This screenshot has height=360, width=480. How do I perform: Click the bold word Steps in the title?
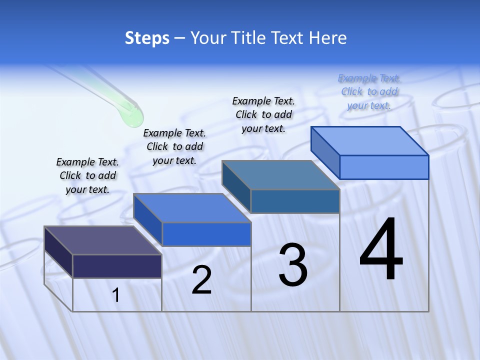point(147,38)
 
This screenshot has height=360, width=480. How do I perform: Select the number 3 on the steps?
point(293,265)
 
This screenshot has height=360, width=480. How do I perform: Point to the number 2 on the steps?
point(201,280)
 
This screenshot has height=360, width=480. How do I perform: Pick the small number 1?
point(116,295)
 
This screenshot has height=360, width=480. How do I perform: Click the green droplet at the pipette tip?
point(131,115)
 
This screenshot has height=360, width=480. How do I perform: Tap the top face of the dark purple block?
point(103,240)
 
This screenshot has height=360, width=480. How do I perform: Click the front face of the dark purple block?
point(117,266)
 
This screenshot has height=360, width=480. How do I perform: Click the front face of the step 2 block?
point(206,234)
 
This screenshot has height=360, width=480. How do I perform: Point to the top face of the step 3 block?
point(281,175)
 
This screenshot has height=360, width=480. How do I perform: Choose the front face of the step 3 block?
point(295,201)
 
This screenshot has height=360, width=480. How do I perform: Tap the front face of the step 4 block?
point(384,167)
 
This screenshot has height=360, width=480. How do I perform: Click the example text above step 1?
point(87,175)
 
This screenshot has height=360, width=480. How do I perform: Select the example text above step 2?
point(174,146)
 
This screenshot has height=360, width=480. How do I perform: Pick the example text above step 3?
point(263,114)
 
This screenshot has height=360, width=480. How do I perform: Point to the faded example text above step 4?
point(369,91)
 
